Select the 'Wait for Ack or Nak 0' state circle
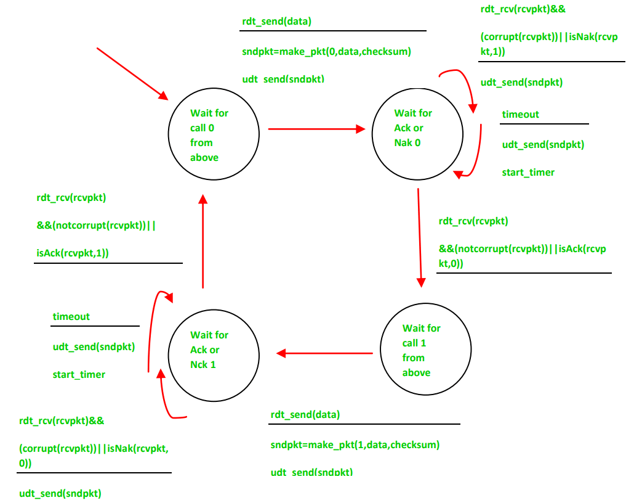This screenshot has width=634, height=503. click(417, 136)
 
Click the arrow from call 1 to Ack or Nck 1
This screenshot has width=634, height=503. click(324, 353)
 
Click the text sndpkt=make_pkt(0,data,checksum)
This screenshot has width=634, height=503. click(326, 51)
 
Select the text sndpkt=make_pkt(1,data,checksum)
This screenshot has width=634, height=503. click(355, 444)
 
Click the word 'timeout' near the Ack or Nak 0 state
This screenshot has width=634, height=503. click(520, 114)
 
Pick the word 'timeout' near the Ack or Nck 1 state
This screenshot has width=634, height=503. click(71, 316)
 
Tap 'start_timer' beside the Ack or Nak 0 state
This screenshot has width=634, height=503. click(528, 172)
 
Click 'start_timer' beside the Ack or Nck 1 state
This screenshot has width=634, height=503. click(79, 374)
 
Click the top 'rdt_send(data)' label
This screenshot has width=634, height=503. click(277, 22)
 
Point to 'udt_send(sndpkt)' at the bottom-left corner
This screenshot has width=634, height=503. click(60, 493)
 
